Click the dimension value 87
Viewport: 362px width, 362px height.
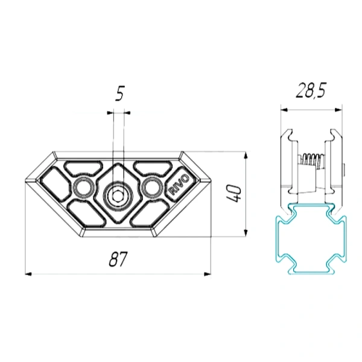[x=118, y=259]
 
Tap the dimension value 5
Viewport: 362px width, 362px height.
[x=120, y=94]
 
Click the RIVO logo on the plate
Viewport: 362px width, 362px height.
[x=180, y=184]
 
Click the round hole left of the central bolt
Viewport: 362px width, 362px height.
[x=84, y=188]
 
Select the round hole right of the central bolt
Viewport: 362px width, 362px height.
[x=153, y=187]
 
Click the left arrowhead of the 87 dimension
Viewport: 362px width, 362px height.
[x=28, y=274]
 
